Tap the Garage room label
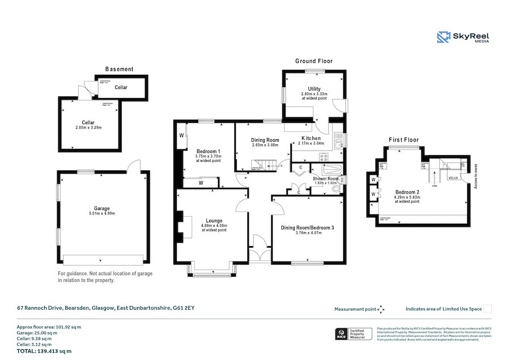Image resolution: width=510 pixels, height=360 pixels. point(102,208)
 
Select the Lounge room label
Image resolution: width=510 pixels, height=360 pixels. point(214,220)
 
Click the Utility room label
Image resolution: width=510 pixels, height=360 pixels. point(314,88)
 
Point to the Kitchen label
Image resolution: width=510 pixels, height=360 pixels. point(311,138)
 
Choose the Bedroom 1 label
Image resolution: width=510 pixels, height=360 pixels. point(208,151)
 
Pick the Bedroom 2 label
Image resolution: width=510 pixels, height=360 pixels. point(407,192)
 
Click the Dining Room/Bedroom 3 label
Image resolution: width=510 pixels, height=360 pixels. point(308,228)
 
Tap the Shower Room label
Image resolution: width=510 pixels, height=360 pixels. point(326,179)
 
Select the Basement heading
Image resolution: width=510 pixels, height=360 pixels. point(120,69)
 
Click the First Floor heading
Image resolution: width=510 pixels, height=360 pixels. point(403,139)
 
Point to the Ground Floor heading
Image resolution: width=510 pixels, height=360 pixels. point(314,61)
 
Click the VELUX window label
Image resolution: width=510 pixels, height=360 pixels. point(453,178)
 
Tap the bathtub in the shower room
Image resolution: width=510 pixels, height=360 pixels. point(329,169)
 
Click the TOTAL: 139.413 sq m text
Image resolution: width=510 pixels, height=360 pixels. point(44,351)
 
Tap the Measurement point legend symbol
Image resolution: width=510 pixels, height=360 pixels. point(381,309)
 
